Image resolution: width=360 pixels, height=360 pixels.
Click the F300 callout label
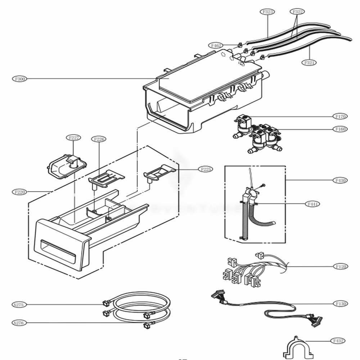pyautogui.click(x=19, y=78)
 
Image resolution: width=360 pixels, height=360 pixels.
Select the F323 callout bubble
pyautogui.click(x=268, y=12)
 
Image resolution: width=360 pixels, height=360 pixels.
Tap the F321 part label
pyautogui.click(x=310, y=63)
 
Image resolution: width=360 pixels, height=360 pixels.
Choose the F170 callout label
pyautogui.click(x=340, y=116)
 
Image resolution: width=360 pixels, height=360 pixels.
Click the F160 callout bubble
pyautogui.click(x=340, y=129)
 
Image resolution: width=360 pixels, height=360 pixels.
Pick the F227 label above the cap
pyautogui.click(x=74, y=138)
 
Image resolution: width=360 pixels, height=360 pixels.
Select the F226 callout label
pyautogui.click(x=99, y=139)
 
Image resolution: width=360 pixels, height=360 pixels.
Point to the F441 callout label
pyautogui.click(x=312, y=204)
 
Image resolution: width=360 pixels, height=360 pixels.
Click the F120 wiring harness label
pyautogui.click(x=340, y=267)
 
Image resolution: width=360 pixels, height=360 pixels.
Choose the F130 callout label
pyautogui.click(x=340, y=303)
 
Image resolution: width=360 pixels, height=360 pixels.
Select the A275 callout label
pyautogui.click(x=18, y=305)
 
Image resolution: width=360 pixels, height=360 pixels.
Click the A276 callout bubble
pyautogui.click(x=18, y=323)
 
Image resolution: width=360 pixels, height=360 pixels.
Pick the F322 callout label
pyautogui.click(x=297, y=12)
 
